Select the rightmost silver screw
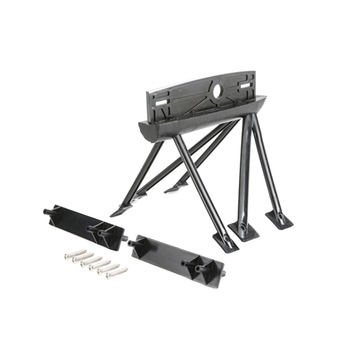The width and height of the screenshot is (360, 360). [x=117, y=273]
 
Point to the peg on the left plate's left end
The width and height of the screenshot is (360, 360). [x=48, y=212]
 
